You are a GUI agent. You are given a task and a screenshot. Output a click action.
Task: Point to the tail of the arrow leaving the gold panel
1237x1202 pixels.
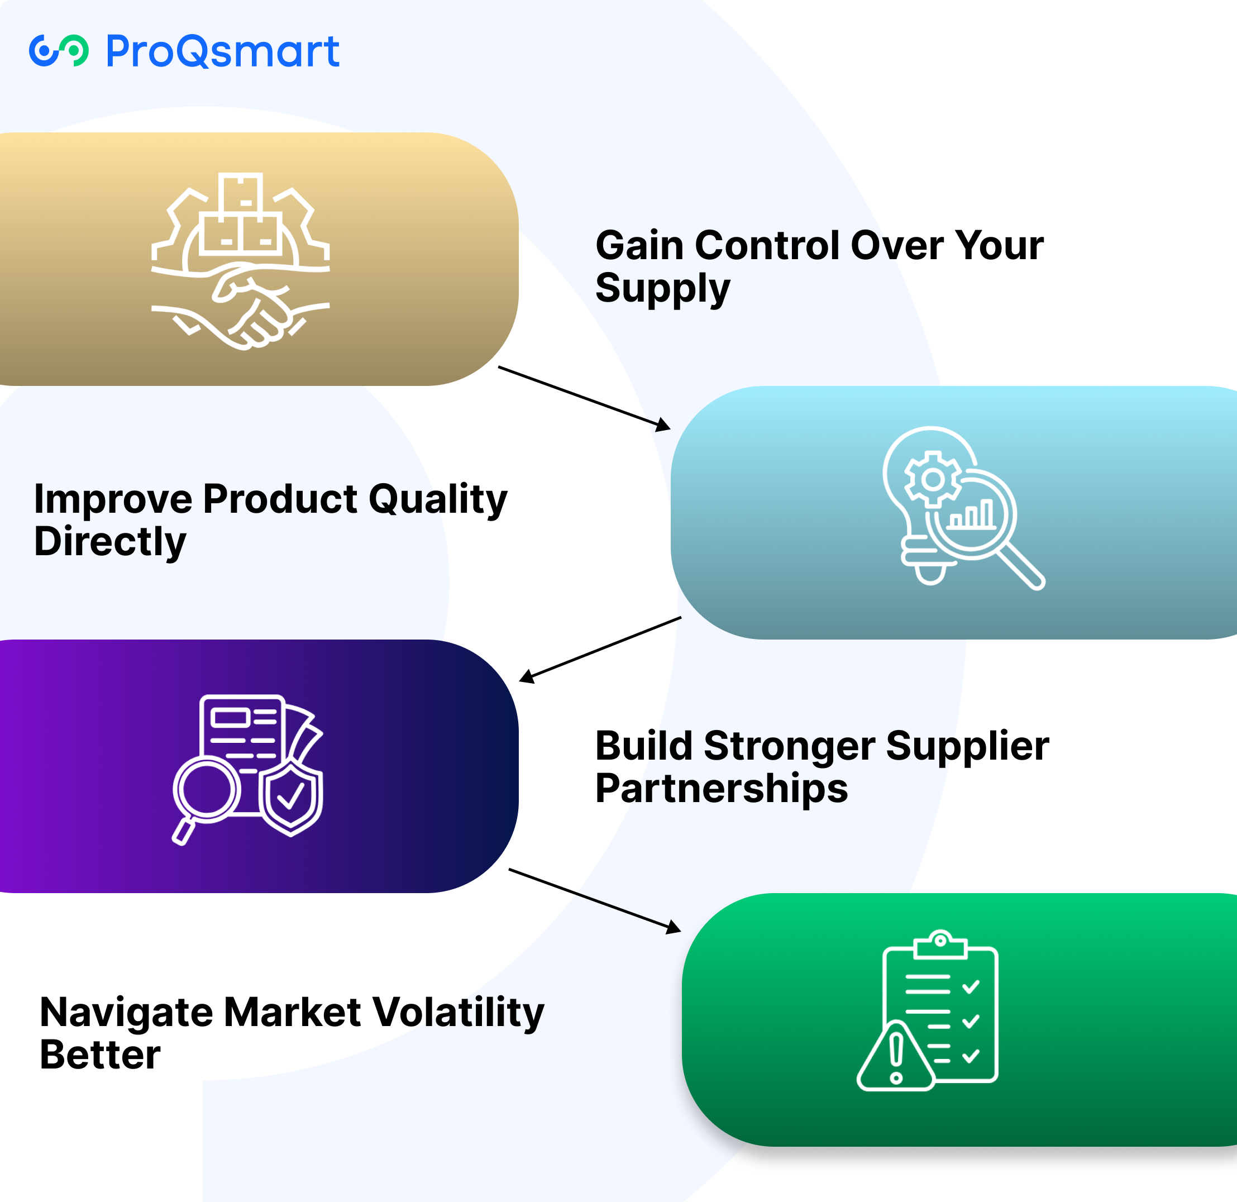click(499, 367)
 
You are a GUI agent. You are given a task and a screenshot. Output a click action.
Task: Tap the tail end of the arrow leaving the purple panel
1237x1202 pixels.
click(509, 869)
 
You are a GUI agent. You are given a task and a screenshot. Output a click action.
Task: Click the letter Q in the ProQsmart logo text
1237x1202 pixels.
click(198, 52)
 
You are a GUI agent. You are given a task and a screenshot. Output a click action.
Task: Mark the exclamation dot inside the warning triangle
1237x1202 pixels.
click(896, 1077)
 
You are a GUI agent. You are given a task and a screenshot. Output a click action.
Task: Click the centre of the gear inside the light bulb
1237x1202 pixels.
click(933, 479)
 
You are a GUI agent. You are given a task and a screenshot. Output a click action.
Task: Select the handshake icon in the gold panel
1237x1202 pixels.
click(241, 306)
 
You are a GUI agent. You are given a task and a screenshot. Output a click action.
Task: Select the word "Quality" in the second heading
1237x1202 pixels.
click(438, 500)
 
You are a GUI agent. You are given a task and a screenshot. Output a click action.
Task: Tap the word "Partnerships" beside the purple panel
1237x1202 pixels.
click(722, 789)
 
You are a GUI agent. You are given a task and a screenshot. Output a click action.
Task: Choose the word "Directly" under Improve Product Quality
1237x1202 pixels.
click(110, 542)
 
